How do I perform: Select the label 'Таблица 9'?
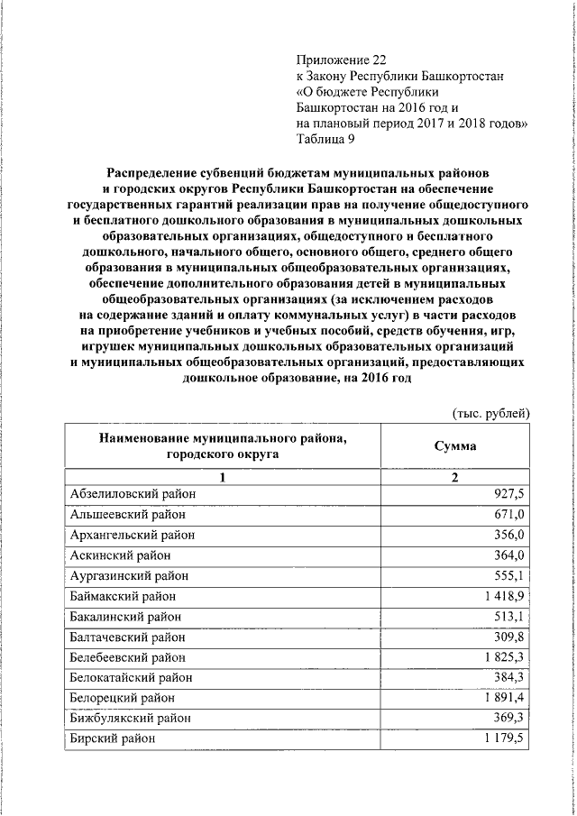(325, 138)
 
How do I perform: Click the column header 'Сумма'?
(455, 446)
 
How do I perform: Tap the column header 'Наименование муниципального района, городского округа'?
(224, 446)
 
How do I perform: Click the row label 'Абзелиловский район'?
(132, 494)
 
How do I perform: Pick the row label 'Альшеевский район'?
(127, 515)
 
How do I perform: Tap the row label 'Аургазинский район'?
(129, 575)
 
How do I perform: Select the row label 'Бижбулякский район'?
(130, 718)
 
